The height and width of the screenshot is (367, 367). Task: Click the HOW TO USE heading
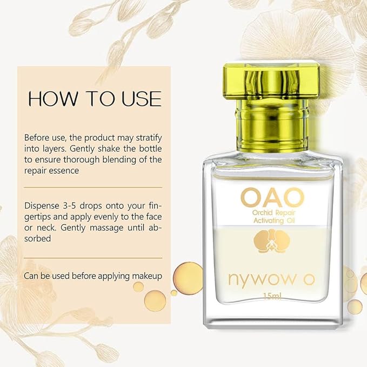pyautogui.click(x=95, y=99)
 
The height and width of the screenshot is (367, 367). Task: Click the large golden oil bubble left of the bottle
pyautogui.click(x=189, y=273)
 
